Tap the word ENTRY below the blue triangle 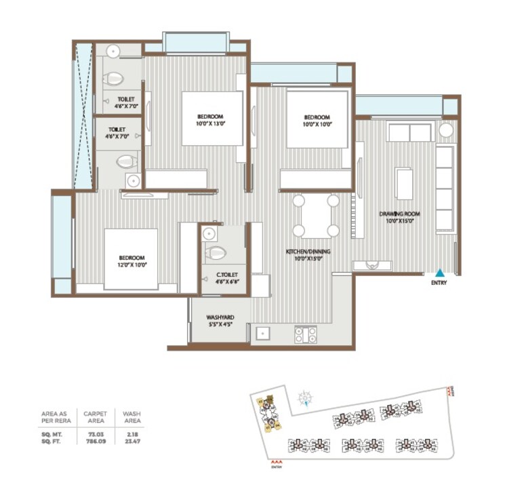[439, 283]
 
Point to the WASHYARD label [220, 319]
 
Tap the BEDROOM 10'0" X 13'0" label [211, 119]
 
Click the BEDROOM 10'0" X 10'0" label [316, 120]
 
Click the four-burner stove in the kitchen [305, 334]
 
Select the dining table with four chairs [315, 216]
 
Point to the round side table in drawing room [446, 130]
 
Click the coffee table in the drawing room [404, 184]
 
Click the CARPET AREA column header [95, 416]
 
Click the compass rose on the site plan [306, 397]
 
